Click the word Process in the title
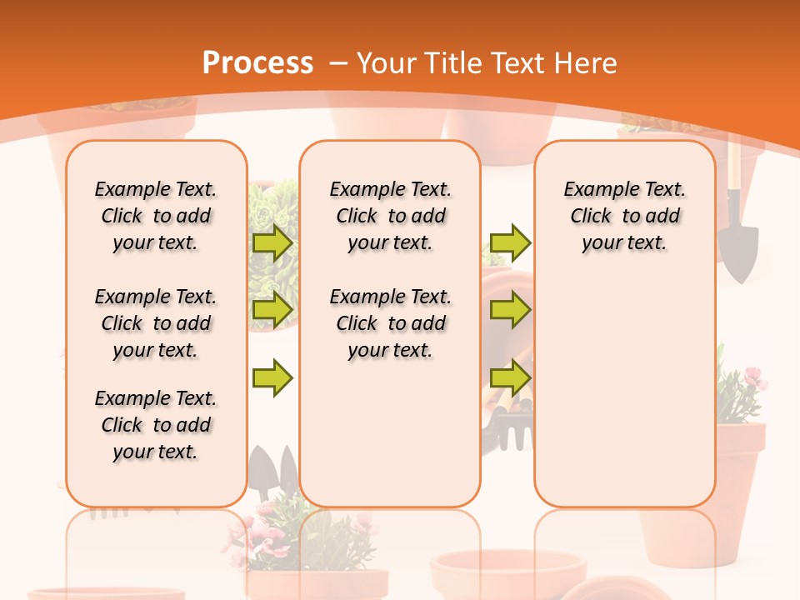(257, 63)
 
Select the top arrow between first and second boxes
(272, 243)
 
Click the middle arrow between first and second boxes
(272, 310)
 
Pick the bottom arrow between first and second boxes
(272, 377)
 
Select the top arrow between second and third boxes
(510, 243)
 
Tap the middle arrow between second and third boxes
(510, 310)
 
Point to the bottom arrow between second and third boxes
(510, 377)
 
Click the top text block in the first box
(156, 216)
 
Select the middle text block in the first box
(156, 323)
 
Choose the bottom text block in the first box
(156, 425)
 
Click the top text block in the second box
(390, 216)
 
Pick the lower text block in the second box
(390, 323)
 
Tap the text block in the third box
(624, 216)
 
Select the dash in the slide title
(337, 63)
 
